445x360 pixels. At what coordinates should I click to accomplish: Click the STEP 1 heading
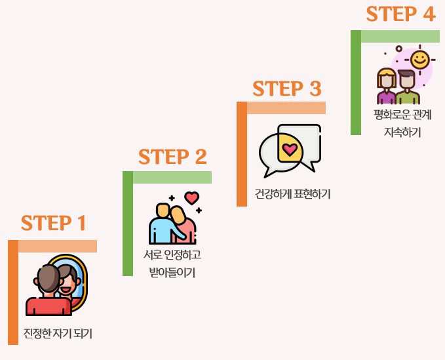point(54,223)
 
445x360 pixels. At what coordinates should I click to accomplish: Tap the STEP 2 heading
point(172,157)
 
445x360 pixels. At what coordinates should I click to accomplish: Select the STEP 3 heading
point(287,89)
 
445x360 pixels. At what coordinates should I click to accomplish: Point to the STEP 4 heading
point(400,14)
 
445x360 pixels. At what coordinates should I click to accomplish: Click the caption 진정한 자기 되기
point(58,334)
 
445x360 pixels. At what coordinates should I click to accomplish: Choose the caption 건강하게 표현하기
point(292,194)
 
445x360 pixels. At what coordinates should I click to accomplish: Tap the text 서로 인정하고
point(172,254)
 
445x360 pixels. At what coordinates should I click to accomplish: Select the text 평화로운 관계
point(402,115)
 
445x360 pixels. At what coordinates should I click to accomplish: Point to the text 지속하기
point(402,132)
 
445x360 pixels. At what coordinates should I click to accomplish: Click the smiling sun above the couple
point(419,60)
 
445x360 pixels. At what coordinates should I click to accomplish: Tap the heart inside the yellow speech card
point(289,149)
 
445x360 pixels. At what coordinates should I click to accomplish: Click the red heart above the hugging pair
point(191,197)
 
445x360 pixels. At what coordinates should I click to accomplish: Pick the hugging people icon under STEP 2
point(172,223)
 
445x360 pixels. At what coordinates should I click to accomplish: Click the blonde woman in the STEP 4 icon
point(387,87)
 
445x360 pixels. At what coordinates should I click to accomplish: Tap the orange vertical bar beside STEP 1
point(13,292)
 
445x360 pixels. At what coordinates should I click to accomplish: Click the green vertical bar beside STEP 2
point(128,223)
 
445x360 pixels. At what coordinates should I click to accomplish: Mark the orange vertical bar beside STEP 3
point(242,154)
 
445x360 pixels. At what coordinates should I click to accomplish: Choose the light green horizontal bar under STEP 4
point(400,36)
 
